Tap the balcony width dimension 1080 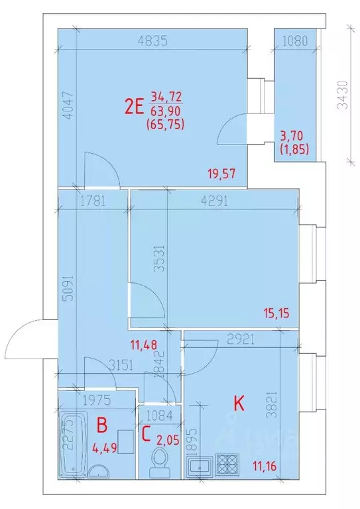coord(295,40)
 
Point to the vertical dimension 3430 coord(341,95)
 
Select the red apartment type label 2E coord(135,105)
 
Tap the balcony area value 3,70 coord(294,137)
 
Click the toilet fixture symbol coord(159,461)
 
